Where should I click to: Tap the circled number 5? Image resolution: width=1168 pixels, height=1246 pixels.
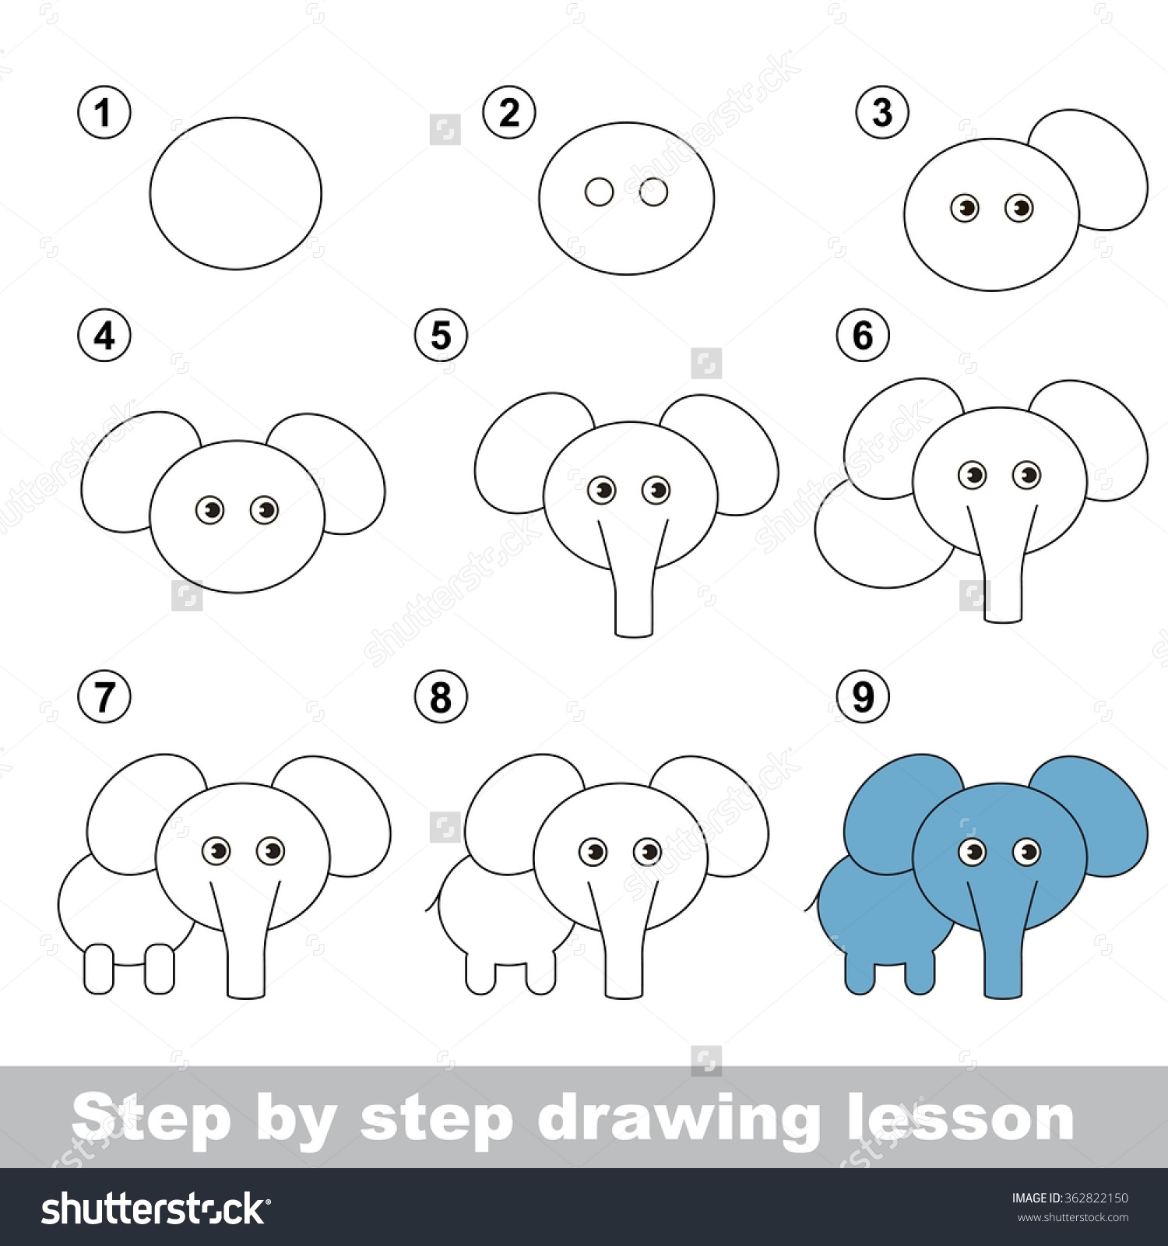441,336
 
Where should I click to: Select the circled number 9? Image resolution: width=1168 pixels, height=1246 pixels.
863,696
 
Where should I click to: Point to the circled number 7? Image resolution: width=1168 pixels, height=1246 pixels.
104,696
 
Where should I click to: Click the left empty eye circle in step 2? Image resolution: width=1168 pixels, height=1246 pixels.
600,192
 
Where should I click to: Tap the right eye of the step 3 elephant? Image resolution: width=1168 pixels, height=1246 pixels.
1019,208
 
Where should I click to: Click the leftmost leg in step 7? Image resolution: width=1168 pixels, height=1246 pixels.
99,968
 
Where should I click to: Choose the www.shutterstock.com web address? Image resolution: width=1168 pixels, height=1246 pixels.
1073,1217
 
